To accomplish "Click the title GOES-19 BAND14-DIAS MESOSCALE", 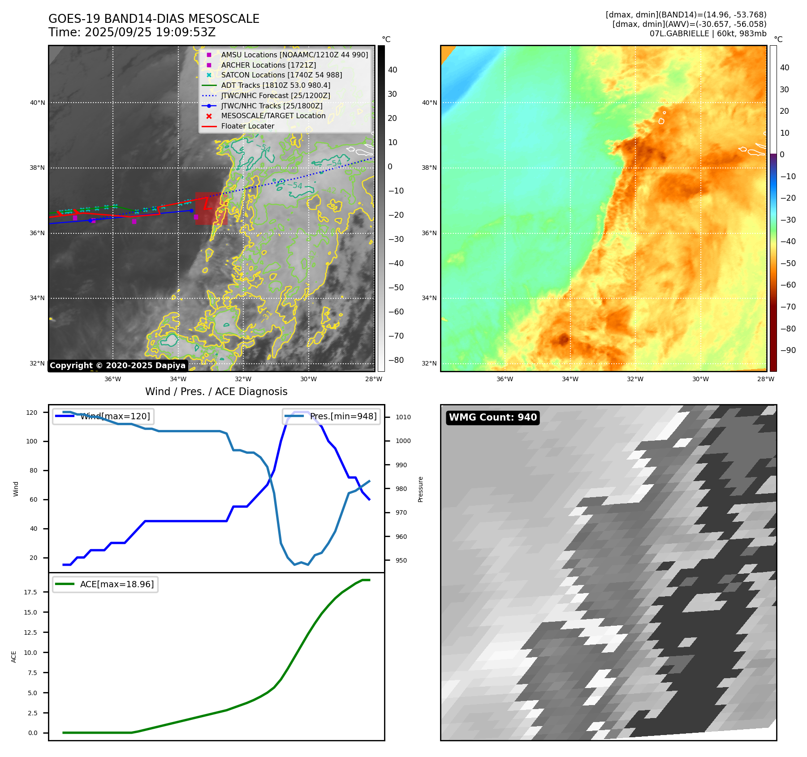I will click(154, 19).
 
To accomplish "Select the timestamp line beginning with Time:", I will click(132, 33).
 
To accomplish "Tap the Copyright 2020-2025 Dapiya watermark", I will click(117, 366).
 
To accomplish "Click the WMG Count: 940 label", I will click(492, 417).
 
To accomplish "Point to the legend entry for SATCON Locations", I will click(281, 75).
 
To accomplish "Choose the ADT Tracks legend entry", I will click(276, 85).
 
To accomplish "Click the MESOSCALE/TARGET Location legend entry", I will click(273, 116).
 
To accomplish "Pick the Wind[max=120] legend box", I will click(103, 417).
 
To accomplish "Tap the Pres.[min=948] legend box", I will click(331, 417).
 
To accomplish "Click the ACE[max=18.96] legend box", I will click(105, 585).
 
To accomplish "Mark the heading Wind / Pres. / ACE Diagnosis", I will click(216, 392).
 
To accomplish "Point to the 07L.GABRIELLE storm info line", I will click(708, 34).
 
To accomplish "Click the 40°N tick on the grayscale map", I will click(38, 103).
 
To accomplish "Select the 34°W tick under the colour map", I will click(570, 379).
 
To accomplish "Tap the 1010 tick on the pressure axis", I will click(403, 417).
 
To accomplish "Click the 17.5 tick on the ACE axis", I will click(30, 592).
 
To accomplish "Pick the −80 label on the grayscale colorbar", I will click(396, 360).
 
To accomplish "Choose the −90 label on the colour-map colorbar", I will click(788, 350).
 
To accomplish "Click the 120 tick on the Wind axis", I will click(32, 413).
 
